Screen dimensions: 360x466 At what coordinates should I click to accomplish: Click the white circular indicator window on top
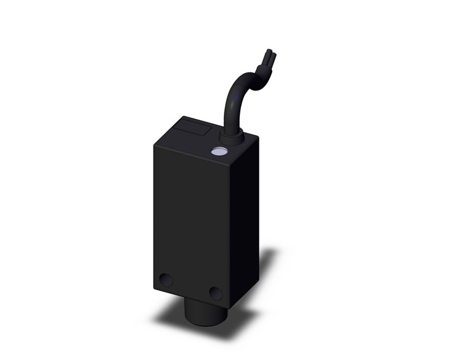click(x=218, y=150)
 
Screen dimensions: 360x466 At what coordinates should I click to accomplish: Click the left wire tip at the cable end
click(x=266, y=53)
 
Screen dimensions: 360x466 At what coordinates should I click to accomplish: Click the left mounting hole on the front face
click(x=166, y=280)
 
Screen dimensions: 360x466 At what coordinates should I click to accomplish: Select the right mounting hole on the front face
click(x=215, y=293)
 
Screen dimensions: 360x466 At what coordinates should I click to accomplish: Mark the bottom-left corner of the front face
click(x=154, y=288)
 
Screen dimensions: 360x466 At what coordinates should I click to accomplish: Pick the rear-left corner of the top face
click(x=181, y=117)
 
